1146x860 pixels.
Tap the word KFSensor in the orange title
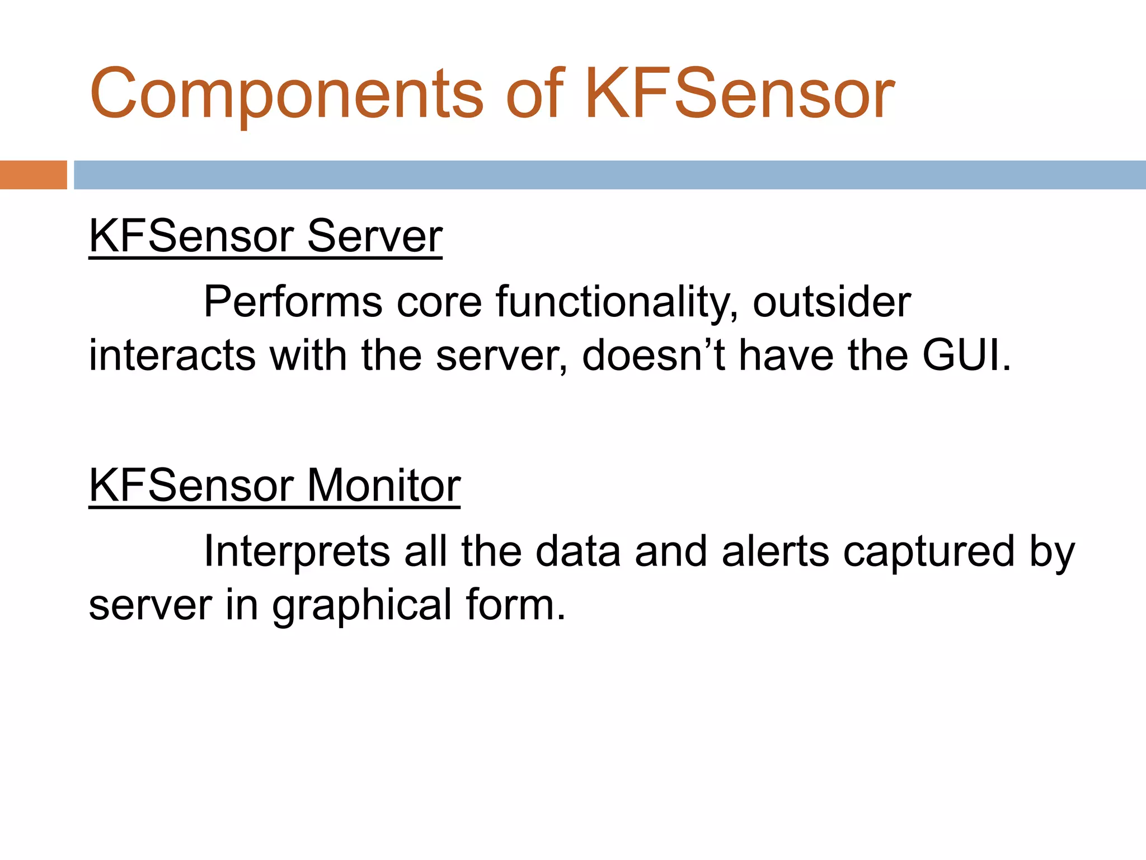[x=739, y=94]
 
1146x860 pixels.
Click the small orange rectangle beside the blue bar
[x=33, y=175]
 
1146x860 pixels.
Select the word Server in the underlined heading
[x=374, y=236]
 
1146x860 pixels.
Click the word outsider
[x=832, y=302]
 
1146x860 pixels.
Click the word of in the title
[x=534, y=94]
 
